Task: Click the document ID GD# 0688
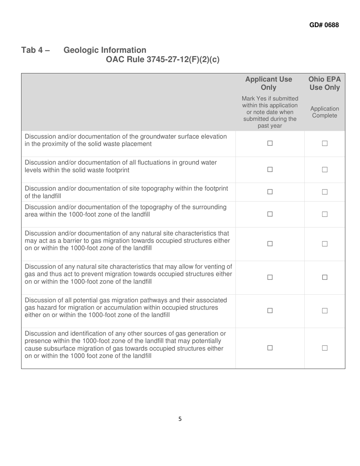tap(324, 25)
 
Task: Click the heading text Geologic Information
tap(105, 50)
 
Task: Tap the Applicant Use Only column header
tap(269, 83)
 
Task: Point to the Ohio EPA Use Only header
tap(324, 83)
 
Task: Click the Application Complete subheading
tap(324, 112)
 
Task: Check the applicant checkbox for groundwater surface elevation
tap(270, 144)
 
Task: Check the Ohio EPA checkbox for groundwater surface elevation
tap(324, 144)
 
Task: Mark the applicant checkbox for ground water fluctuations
tap(270, 170)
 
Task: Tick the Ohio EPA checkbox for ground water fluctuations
tap(324, 170)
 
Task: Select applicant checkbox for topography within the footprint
tap(270, 192)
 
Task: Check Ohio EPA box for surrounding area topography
tap(324, 214)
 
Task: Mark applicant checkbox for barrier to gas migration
tap(270, 244)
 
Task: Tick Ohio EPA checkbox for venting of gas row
tap(324, 277)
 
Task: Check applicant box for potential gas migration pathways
tap(270, 311)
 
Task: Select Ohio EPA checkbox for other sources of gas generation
tap(324, 348)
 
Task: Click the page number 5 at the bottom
tap(180, 419)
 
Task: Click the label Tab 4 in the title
tap(35, 50)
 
